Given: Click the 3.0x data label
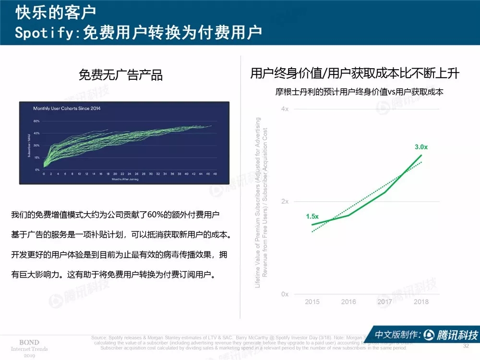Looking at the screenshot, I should tap(421, 147).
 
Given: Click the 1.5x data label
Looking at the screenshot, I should tap(312, 217).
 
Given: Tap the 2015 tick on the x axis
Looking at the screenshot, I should tap(312, 302).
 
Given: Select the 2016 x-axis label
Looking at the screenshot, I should tap(348, 302).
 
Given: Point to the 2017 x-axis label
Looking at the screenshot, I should tap(385, 302).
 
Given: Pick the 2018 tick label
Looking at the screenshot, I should tap(421, 302).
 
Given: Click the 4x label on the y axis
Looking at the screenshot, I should tap(285, 109).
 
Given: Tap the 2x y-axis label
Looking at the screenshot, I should tap(285, 202).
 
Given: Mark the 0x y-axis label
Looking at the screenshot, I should tap(285, 294).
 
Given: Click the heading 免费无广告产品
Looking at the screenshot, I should tap(120, 75).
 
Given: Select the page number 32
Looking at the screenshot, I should tap(465, 346).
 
